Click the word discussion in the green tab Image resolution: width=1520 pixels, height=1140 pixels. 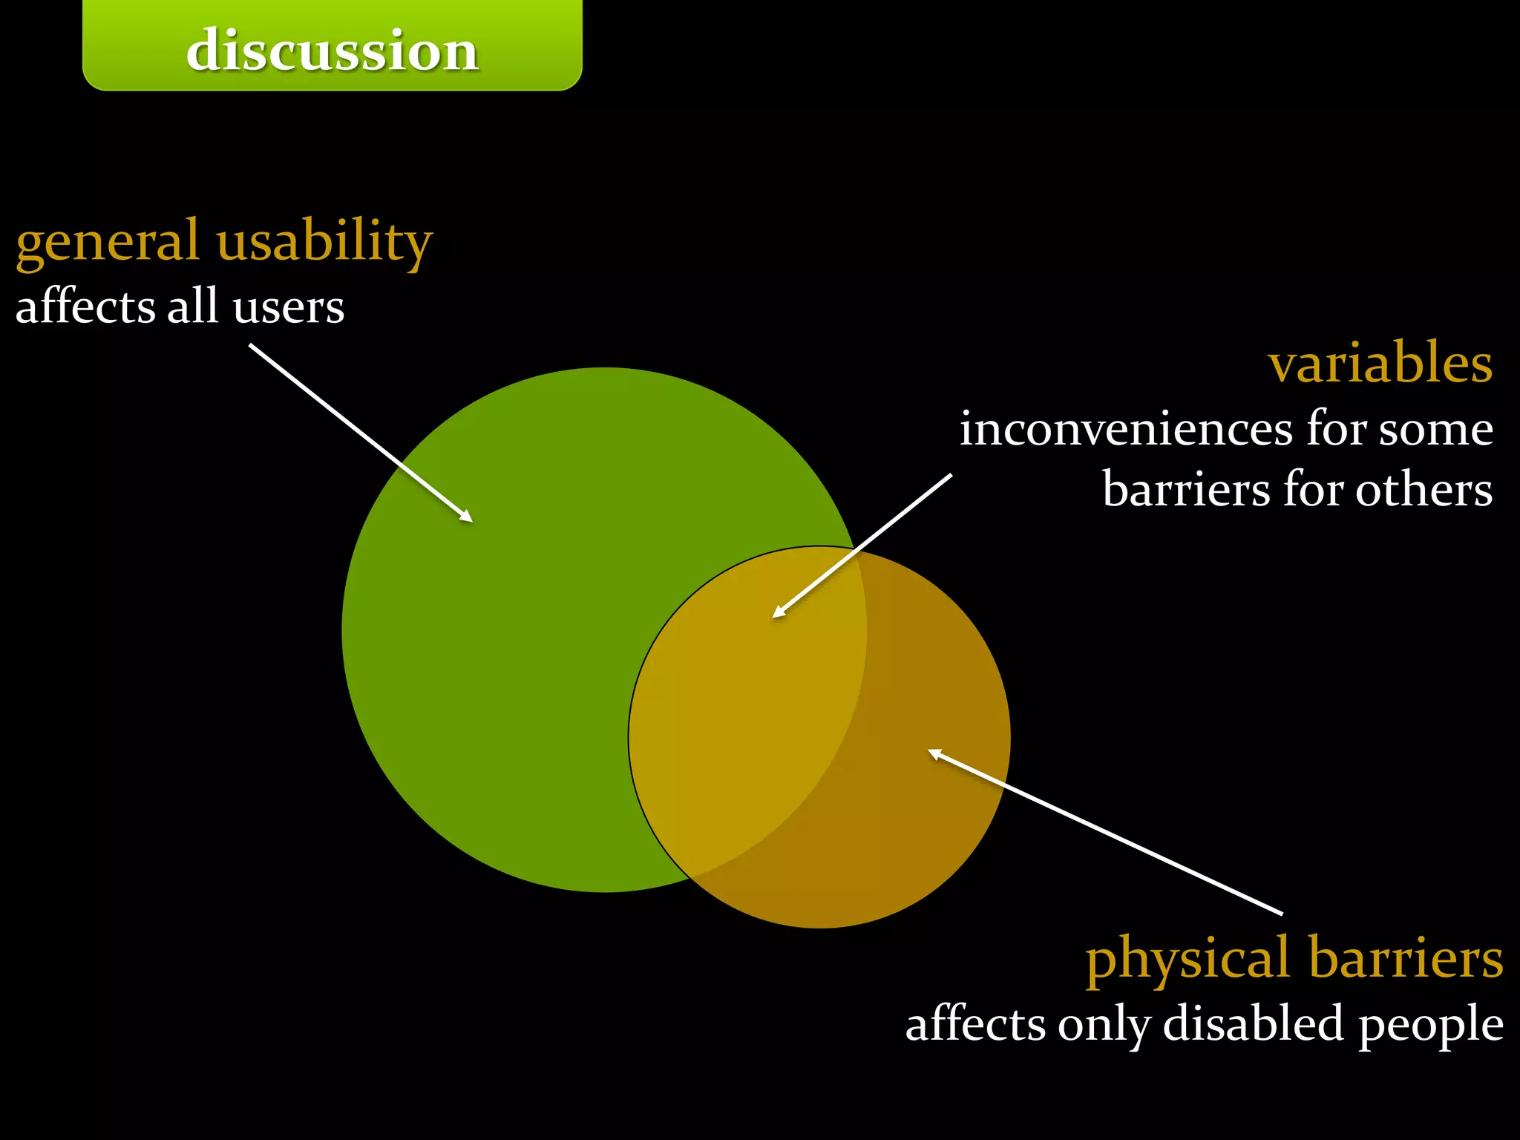tap(332, 50)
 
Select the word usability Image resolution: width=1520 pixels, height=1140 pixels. tap(324, 241)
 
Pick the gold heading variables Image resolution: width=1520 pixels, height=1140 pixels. tap(1380, 364)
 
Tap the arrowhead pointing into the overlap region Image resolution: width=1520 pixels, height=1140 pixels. tap(779, 612)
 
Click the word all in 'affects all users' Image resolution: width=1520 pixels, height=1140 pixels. tap(192, 307)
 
